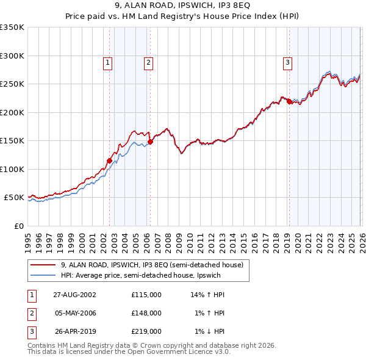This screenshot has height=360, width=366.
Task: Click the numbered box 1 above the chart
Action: click(107, 61)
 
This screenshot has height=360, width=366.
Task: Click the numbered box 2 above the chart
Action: click(148, 61)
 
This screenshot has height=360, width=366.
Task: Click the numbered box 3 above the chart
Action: click(287, 61)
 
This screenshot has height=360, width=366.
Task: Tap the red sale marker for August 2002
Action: click(110, 161)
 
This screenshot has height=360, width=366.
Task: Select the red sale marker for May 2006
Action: click(150, 142)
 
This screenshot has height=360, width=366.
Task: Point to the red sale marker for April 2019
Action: click(290, 102)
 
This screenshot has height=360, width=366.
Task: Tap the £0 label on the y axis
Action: click(18, 226)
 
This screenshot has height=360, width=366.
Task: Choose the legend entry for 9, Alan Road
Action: click(152, 265)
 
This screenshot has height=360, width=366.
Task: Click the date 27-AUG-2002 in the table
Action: click(74, 295)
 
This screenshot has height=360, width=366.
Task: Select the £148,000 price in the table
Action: click(146, 313)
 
